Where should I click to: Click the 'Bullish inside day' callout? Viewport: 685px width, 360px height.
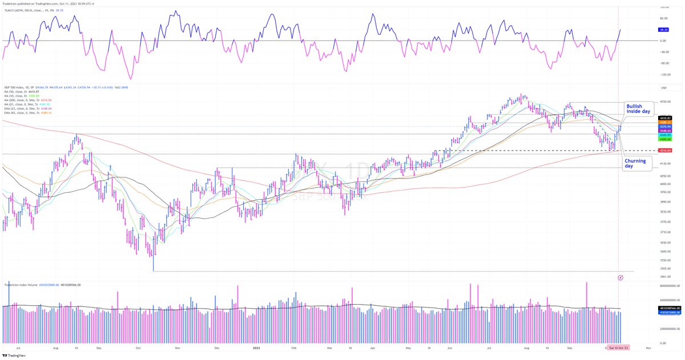point(638,109)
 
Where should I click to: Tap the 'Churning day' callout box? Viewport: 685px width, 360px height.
point(635,164)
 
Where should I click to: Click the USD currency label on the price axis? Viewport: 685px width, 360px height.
point(664,88)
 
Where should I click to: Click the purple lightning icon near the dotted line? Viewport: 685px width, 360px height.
point(620,277)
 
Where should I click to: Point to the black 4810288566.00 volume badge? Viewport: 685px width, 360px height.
point(665,308)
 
